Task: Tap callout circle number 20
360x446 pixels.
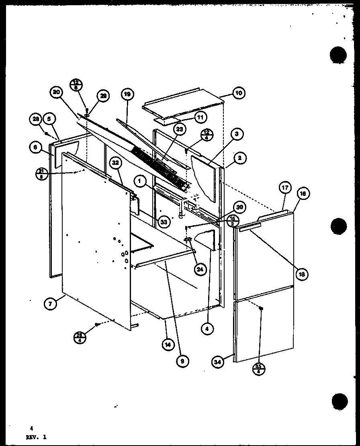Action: [x=56, y=93]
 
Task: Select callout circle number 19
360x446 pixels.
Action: [x=127, y=95]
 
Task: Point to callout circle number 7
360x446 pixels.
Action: [x=50, y=304]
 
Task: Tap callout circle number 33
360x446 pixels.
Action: [x=163, y=221]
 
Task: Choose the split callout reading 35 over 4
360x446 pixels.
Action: [x=259, y=368]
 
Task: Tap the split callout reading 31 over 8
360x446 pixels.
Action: [x=41, y=173]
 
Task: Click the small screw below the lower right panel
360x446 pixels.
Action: [x=261, y=308]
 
